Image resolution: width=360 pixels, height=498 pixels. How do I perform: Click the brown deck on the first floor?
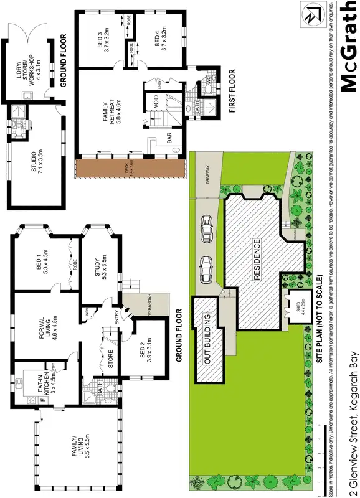[131, 167]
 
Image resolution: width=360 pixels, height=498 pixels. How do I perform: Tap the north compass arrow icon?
[310, 14]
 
